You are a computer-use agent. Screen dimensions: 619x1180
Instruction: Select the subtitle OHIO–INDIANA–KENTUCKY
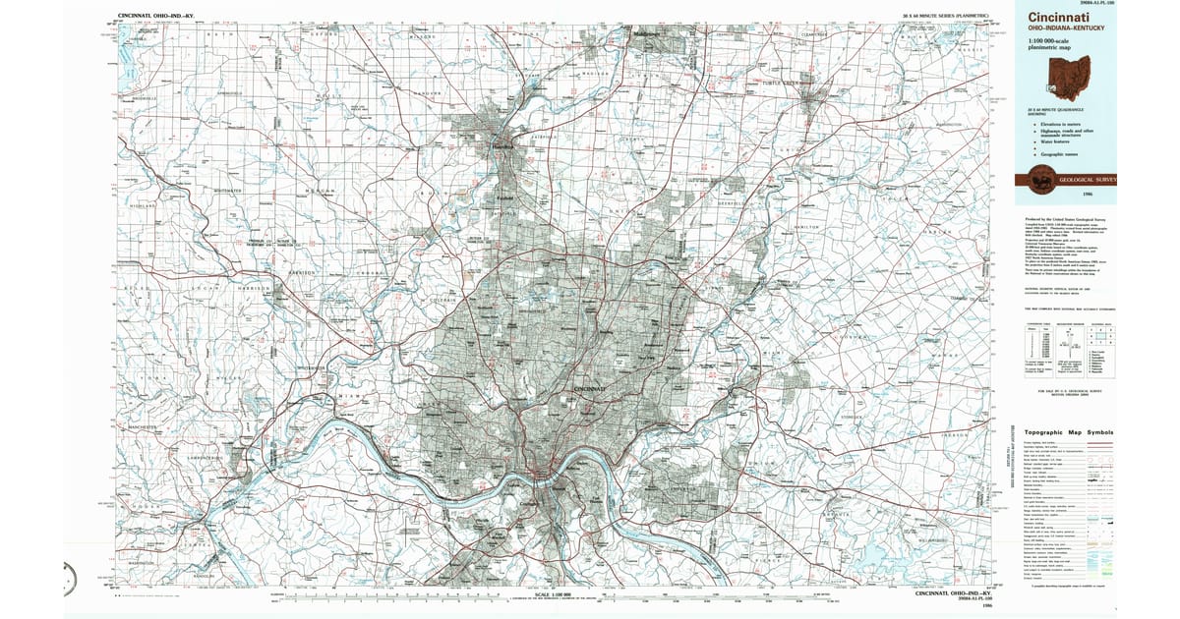click(1066, 28)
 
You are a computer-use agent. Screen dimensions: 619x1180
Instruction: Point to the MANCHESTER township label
click(143, 428)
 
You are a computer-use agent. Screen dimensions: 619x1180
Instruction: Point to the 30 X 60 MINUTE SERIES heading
click(945, 17)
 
